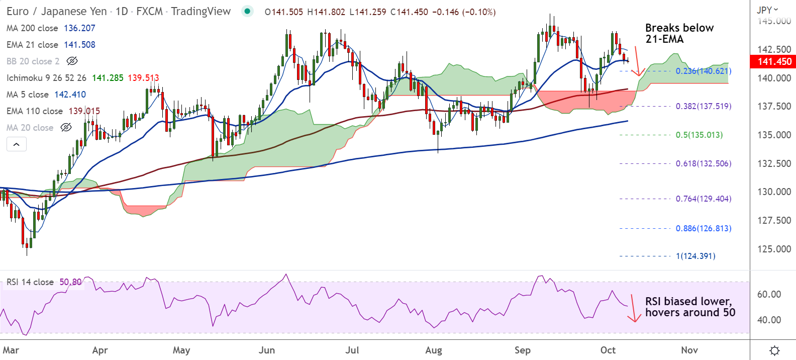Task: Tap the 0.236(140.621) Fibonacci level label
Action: tap(703, 71)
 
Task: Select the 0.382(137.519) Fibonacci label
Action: tap(703, 106)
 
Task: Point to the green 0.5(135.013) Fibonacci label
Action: tap(699, 135)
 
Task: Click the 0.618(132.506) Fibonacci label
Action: tap(703, 163)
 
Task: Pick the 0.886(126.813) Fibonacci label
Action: tap(703, 228)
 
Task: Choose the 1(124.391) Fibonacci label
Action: tap(695, 256)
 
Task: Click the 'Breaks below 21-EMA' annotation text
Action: tap(679, 33)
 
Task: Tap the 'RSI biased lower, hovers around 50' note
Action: tap(689, 307)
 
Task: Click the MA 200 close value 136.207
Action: tap(79, 28)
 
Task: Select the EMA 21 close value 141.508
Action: tap(79, 45)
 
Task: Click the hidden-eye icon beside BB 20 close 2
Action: tap(72, 61)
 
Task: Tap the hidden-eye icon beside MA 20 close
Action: tap(66, 128)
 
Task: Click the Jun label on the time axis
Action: tap(266, 350)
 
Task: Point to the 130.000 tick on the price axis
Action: tap(774, 192)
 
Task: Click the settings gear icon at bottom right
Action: tap(774, 350)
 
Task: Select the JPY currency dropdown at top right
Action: tap(767, 10)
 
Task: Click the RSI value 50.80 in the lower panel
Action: tap(70, 282)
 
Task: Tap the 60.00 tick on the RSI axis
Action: tap(769, 294)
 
